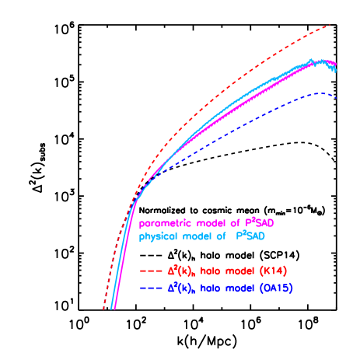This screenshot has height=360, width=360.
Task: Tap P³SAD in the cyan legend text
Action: click(257, 236)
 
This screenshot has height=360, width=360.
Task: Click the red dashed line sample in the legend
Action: click(150, 272)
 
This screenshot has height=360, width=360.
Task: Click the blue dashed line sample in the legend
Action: click(150, 290)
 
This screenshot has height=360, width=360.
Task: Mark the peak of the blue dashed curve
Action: click(320, 93)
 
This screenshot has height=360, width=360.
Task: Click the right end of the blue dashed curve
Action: click(335, 96)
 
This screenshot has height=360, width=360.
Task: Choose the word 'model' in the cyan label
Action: click(198, 236)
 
